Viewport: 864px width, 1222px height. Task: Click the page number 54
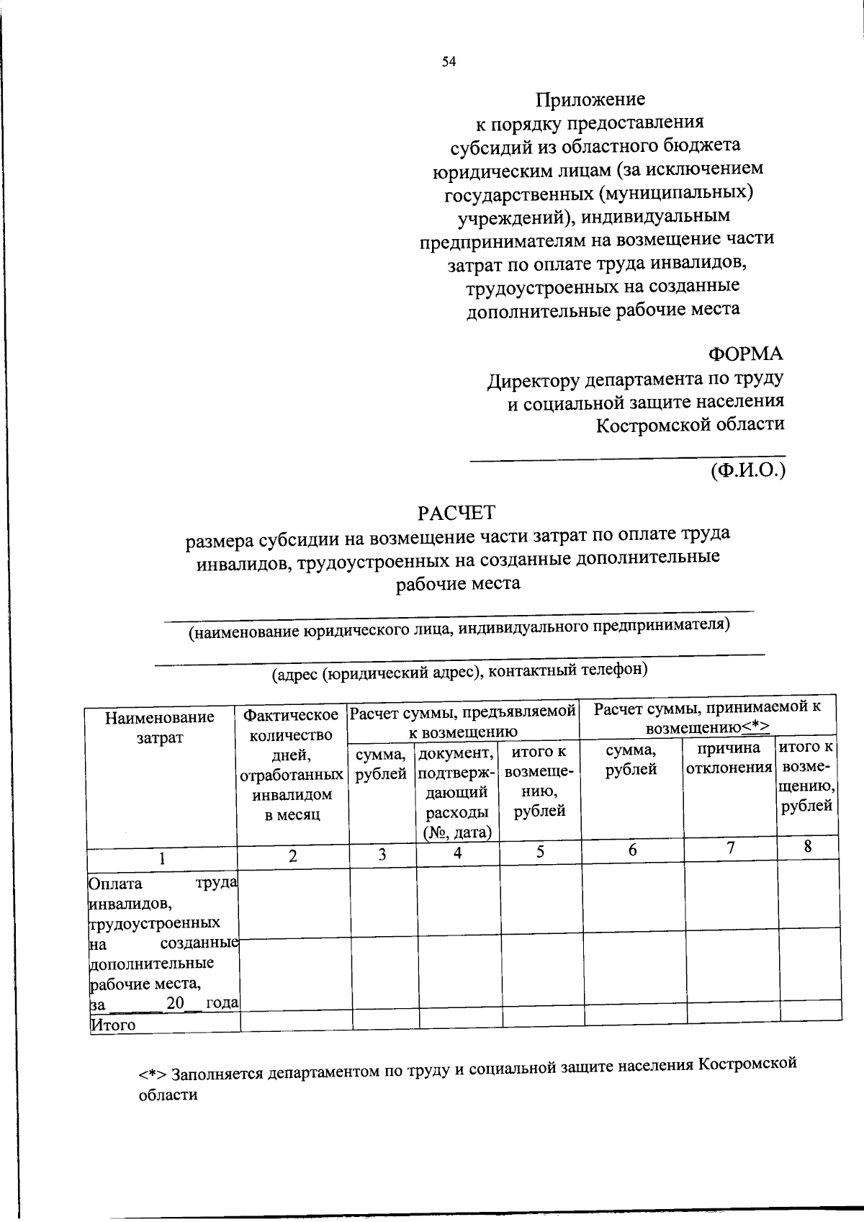click(449, 62)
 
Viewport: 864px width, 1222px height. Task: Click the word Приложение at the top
click(590, 99)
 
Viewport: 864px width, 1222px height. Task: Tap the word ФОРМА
click(745, 354)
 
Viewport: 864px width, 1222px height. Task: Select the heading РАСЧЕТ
click(457, 513)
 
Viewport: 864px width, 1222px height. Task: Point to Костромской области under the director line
click(690, 424)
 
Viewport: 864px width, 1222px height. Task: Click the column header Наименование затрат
click(160, 727)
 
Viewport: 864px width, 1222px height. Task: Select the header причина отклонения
click(729, 758)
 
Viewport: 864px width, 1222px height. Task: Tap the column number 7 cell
click(730, 848)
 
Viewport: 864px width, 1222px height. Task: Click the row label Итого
click(112, 1024)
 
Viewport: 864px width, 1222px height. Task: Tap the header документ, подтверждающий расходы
click(457, 792)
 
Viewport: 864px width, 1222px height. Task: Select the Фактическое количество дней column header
click(292, 765)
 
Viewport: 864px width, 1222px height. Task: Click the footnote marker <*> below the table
click(153, 1074)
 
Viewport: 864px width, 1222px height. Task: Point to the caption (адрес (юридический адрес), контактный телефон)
click(459, 671)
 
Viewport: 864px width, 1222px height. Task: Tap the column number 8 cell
click(808, 847)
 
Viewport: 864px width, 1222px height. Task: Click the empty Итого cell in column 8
click(811, 1012)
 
